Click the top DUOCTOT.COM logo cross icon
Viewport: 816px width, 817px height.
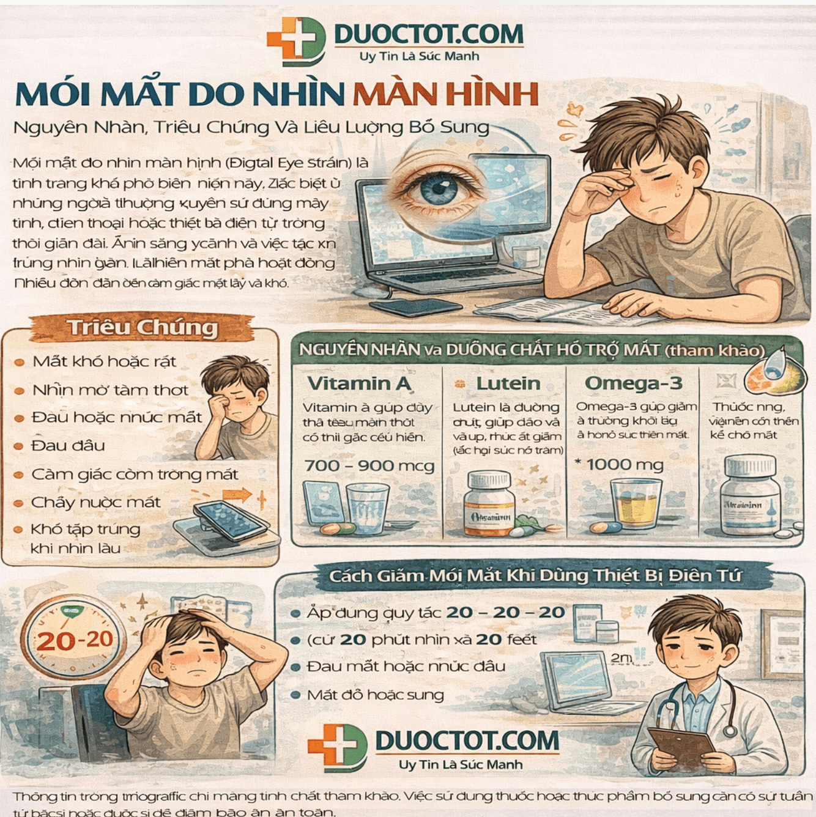tap(296, 41)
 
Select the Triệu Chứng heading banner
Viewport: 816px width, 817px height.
tap(143, 328)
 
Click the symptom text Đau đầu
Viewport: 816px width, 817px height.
tap(68, 446)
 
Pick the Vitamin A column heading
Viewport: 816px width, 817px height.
tap(359, 383)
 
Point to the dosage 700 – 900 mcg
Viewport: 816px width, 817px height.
tap(369, 466)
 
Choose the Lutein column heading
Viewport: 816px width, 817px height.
tap(508, 383)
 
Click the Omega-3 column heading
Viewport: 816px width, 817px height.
tap(632, 383)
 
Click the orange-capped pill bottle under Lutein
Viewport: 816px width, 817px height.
tap(489, 503)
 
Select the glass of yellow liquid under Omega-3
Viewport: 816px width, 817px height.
tap(636, 503)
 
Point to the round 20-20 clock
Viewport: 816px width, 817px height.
tap(74, 639)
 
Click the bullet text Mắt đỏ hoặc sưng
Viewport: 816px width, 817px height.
tap(375, 695)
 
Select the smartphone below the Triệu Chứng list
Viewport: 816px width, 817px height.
tap(231, 520)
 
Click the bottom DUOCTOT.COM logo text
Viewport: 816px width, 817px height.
tap(467, 741)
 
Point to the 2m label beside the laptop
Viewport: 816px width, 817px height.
tap(621, 657)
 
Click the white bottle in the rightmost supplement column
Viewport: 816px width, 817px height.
tap(750, 497)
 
